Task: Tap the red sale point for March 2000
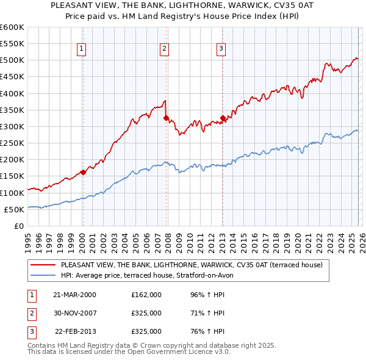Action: (84, 172)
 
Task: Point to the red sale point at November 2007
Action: (166, 118)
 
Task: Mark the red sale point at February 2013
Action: (223, 118)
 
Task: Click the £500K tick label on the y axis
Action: (12, 60)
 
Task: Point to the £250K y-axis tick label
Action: (12, 143)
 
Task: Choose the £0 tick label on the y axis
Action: (18, 226)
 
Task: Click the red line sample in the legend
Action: (43, 265)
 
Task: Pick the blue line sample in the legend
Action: (43, 275)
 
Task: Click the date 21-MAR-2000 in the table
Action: (74, 295)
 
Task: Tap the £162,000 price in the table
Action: (146, 295)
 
